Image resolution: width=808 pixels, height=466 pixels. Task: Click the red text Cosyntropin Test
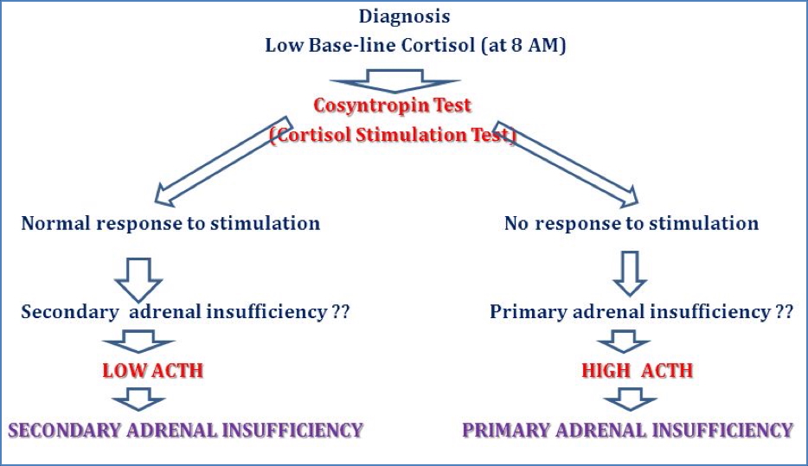392,105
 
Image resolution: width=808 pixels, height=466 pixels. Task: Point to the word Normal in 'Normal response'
57,223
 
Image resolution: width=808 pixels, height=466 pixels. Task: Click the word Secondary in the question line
70,311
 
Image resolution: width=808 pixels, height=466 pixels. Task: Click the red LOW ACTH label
152,371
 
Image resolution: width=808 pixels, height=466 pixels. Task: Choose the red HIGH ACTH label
638,371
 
